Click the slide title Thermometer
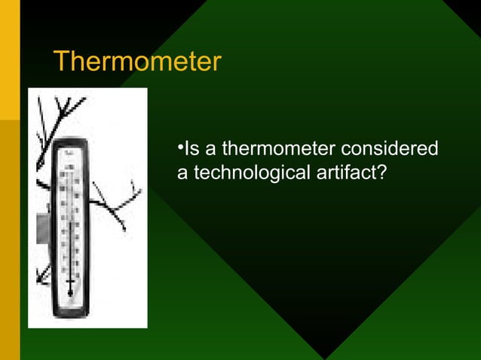coord(136,62)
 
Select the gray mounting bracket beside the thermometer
coord(42,226)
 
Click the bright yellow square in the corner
coord(9,60)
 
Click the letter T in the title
coord(61,62)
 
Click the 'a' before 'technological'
coord(182,172)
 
